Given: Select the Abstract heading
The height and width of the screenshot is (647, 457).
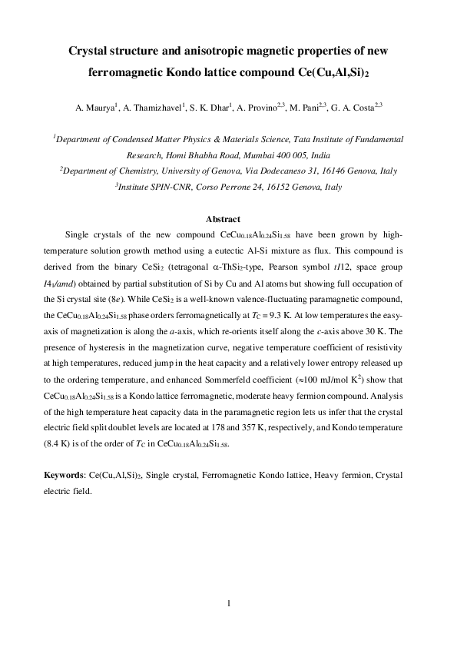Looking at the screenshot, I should coord(228,220).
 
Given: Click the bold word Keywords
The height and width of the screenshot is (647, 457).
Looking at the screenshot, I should coord(63,476).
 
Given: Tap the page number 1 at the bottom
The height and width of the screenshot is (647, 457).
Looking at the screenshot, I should coord(229,604).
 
